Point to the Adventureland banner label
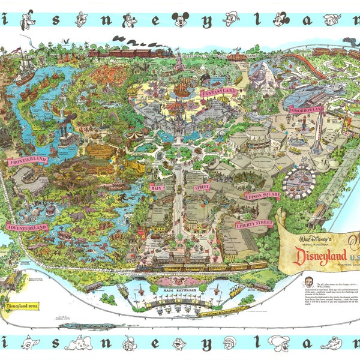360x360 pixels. click(27, 227)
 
